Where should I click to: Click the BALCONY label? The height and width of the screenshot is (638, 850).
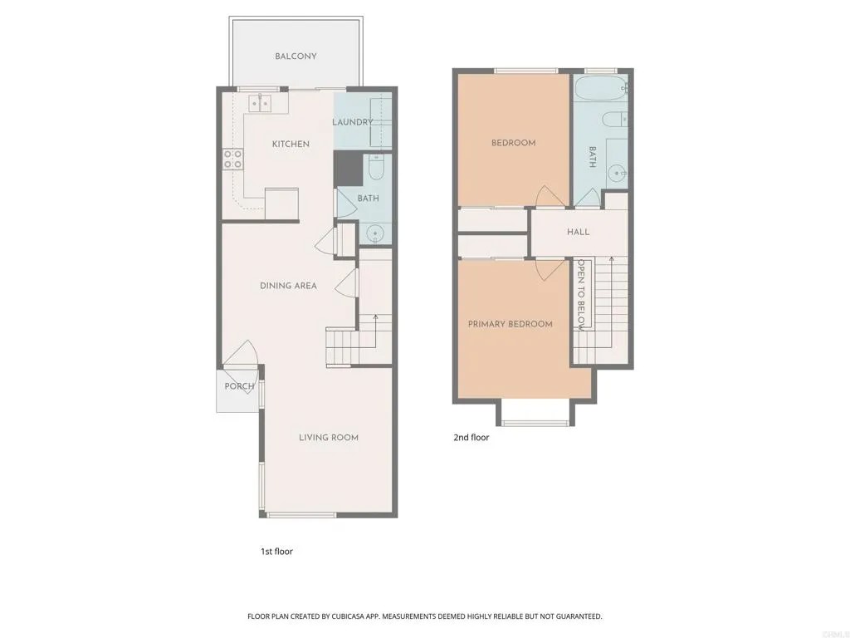(x=296, y=56)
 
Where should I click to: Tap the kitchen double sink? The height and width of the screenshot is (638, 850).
(x=260, y=102)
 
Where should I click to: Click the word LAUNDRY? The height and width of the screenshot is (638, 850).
(x=352, y=122)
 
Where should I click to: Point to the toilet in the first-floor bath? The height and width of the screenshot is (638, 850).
(x=376, y=167)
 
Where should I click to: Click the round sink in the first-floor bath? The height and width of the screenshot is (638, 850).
(x=374, y=234)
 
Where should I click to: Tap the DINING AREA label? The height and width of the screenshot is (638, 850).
(x=288, y=286)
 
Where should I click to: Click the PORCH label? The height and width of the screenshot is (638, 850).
(x=239, y=386)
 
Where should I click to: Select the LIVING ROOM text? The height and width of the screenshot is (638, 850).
(x=329, y=437)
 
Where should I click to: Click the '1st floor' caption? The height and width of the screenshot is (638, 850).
(x=276, y=552)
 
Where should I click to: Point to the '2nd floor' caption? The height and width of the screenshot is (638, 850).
(x=471, y=437)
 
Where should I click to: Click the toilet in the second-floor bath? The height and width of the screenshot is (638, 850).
(x=615, y=119)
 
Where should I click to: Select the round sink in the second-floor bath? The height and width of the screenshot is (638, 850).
(x=617, y=174)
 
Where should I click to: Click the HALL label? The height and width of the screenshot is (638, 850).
(x=578, y=233)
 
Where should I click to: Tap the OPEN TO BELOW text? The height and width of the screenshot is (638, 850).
(x=581, y=295)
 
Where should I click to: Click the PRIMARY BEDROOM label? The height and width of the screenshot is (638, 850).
(x=510, y=324)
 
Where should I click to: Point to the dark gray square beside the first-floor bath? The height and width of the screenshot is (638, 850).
(x=348, y=169)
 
